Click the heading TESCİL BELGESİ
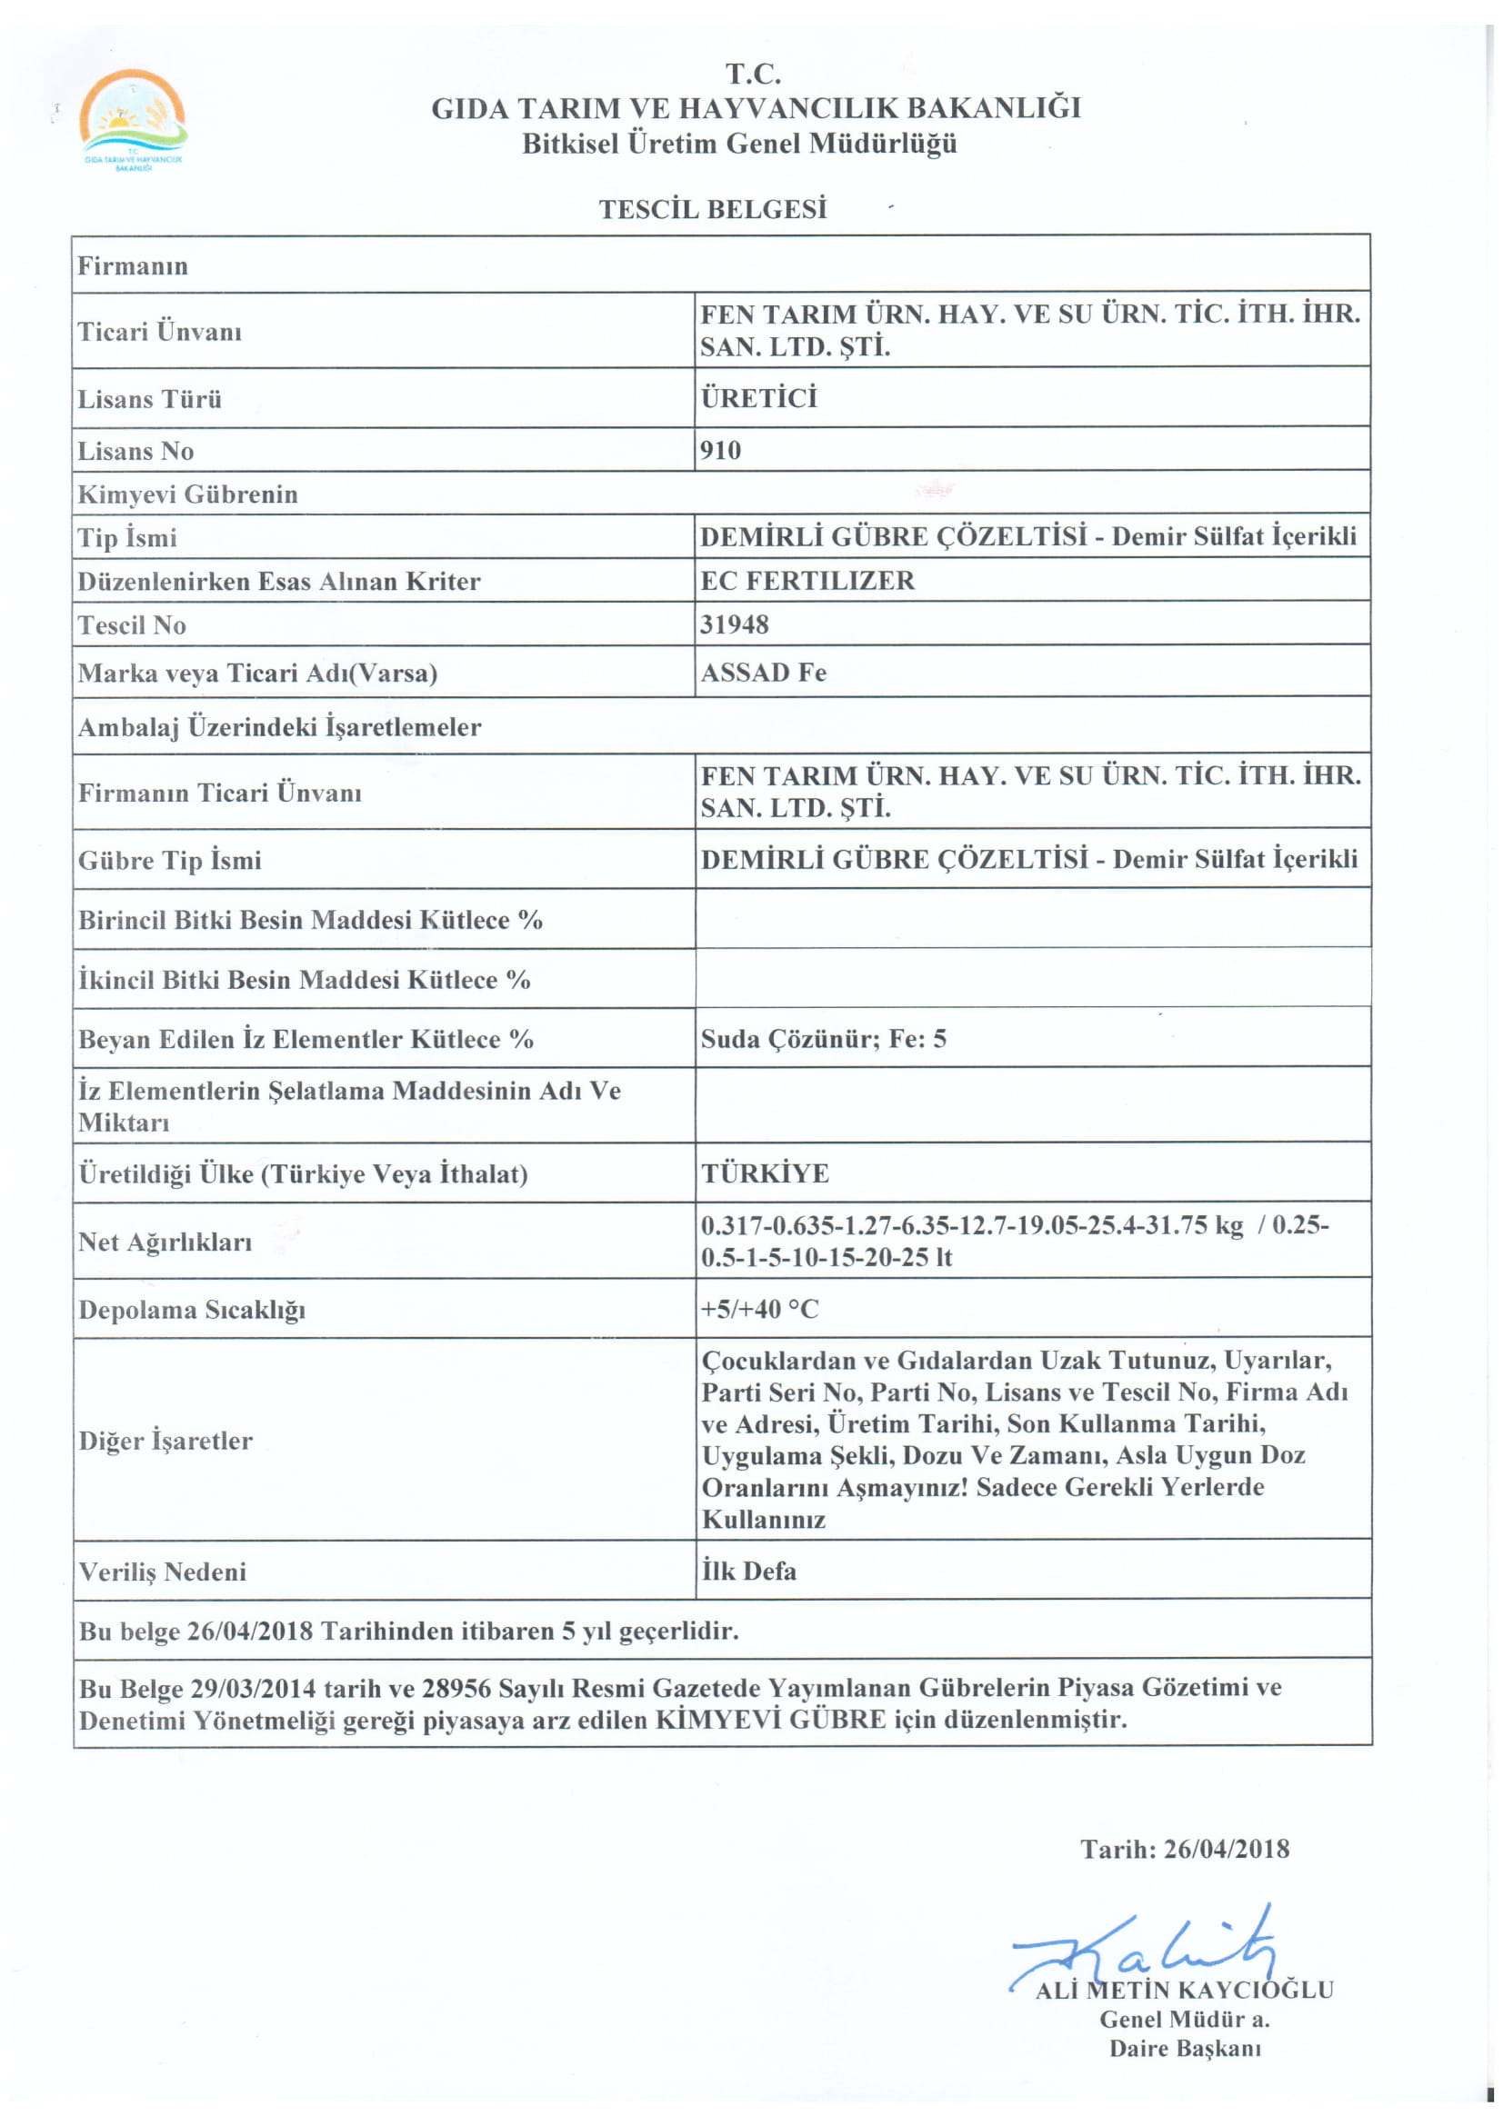pyautogui.click(x=712, y=209)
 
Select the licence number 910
pyautogui.click(x=720, y=451)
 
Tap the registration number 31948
pyautogui.click(x=735, y=625)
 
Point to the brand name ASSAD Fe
pyautogui.click(x=763, y=673)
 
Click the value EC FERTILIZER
pyautogui.click(x=807, y=581)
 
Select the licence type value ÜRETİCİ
pyautogui.click(x=759, y=398)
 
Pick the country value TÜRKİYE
pyautogui.click(x=765, y=1173)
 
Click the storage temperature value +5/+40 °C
pyautogui.click(x=759, y=1308)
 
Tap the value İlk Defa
pyautogui.click(x=748, y=1571)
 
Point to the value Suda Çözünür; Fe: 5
pyautogui.click(x=823, y=1038)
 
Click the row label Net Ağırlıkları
pyautogui.click(x=165, y=1242)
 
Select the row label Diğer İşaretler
pyautogui.click(x=165, y=1441)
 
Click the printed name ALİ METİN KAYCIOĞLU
pyautogui.click(x=1185, y=1990)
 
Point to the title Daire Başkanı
pyautogui.click(x=1186, y=2048)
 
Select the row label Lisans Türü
pyautogui.click(x=150, y=399)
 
